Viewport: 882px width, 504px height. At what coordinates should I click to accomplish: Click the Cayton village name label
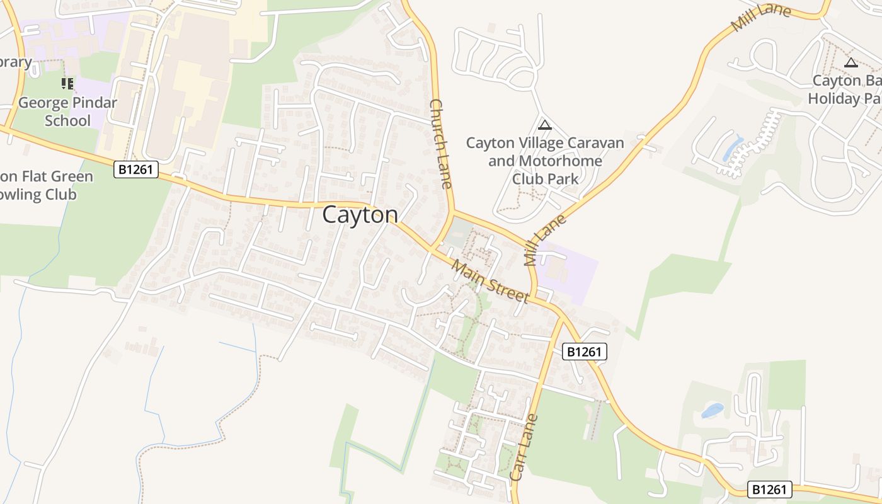pos(360,215)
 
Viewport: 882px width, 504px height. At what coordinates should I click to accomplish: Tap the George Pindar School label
pos(67,112)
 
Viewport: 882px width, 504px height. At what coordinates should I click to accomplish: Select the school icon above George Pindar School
pos(67,83)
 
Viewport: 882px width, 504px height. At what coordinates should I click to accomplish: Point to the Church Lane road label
pos(441,143)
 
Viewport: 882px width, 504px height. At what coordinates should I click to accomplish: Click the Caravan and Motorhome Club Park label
pos(545,161)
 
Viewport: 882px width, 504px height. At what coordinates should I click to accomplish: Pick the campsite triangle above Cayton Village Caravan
pos(545,125)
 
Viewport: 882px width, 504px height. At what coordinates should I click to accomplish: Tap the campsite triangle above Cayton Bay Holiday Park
pos(851,62)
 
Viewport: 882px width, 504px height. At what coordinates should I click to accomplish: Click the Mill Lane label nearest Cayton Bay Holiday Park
pos(760,19)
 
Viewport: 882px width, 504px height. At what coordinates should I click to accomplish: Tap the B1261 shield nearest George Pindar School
pos(136,169)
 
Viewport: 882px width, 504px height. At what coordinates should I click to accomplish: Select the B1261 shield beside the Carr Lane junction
pos(584,352)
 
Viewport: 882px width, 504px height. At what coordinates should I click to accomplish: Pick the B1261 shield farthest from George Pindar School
pos(769,490)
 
